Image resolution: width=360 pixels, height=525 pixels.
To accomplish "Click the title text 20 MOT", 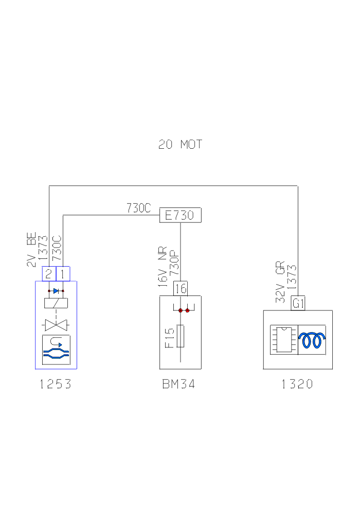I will tap(181, 145).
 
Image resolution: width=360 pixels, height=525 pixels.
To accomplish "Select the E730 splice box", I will tap(180, 215).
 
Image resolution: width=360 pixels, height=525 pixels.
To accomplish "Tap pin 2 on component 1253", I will tap(48, 274).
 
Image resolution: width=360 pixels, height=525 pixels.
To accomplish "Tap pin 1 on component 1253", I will tap(62, 274).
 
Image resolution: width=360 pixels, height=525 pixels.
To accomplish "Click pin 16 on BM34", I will tap(181, 289).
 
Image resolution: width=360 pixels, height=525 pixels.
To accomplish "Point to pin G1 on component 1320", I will tap(298, 304).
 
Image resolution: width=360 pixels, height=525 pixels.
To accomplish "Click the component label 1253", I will tap(56, 384).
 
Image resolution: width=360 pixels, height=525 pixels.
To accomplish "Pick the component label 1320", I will tap(297, 384).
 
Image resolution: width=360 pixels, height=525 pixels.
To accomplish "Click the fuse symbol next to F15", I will tap(181, 336).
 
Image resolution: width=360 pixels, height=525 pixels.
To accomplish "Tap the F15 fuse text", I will tap(170, 337).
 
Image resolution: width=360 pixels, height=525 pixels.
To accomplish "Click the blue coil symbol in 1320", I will tap(313, 339).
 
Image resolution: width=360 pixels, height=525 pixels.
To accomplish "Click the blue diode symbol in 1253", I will tap(56, 291).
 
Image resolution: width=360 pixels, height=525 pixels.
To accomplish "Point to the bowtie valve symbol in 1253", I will tap(56, 325).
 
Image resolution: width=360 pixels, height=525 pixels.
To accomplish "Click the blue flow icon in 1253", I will tap(56, 349).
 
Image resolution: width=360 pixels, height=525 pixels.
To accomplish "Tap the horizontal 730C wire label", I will tap(138, 208).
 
